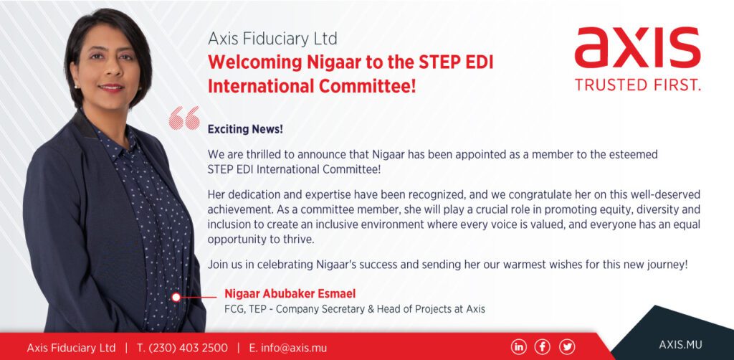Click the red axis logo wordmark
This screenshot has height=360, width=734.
(637, 48)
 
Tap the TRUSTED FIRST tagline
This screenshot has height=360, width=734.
(637, 85)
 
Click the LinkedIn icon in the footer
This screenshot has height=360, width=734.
(518, 346)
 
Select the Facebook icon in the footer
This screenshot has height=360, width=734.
(543, 346)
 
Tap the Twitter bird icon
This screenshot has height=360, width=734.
(567, 346)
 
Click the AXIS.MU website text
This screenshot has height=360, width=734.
(680, 344)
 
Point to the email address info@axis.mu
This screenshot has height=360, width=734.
(288, 348)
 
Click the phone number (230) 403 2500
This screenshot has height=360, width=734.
(183, 348)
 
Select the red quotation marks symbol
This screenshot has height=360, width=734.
(184, 118)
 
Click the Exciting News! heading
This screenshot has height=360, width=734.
(245, 129)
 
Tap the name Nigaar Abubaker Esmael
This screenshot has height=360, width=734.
(290, 293)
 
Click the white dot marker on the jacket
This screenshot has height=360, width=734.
(176, 297)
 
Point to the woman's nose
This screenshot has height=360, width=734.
(104, 72)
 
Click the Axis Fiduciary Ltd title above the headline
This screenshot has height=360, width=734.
(272, 39)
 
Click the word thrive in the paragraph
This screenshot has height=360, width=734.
(298, 240)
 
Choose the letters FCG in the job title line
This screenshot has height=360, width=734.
(233, 309)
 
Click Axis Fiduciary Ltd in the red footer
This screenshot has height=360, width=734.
(71, 348)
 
